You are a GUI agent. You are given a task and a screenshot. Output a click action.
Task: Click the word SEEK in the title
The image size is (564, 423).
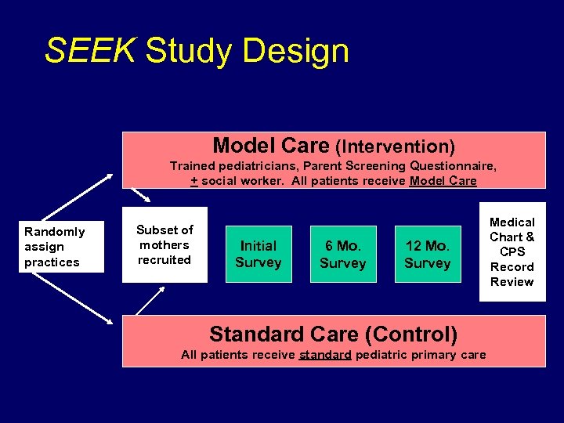pyautogui.click(x=90, y=51)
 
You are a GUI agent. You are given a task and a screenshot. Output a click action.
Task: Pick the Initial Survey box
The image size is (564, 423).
pyautogui.click(x=258, y=254)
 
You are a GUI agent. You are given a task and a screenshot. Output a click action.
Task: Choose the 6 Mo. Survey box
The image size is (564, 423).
pyautogui.click(x=342, y=254)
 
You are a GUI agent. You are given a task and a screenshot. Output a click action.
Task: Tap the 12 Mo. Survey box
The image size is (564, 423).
pyautogui.click(x=427, y=254)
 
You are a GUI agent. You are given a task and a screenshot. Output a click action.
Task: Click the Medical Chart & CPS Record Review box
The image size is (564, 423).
pyautogui.click(x=512, y=251)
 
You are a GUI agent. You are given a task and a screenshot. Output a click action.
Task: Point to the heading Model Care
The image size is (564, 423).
pyautogui.click(x=270, y=146)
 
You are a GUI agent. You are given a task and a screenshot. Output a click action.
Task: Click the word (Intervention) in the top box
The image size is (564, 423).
pyautogui.click(x=396, y=146)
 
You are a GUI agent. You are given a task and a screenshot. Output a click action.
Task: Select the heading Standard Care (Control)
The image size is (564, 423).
pyautogui.click(x=334, y=334)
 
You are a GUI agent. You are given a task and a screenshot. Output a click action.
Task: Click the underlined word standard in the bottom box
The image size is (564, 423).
pyautogui.click(x=325, y=355)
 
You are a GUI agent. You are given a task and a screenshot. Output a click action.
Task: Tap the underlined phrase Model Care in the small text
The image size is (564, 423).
pyautogui.click(x=443, y=181)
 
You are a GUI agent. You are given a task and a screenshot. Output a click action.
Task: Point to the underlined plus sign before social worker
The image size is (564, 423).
pyautogui.click(x=194, y=181)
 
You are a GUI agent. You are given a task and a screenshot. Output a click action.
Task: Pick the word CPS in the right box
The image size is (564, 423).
pyautogui.click(x=512, y=251)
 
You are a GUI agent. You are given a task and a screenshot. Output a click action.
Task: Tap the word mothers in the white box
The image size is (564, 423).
pyautogui.click(x=164, y=244)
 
